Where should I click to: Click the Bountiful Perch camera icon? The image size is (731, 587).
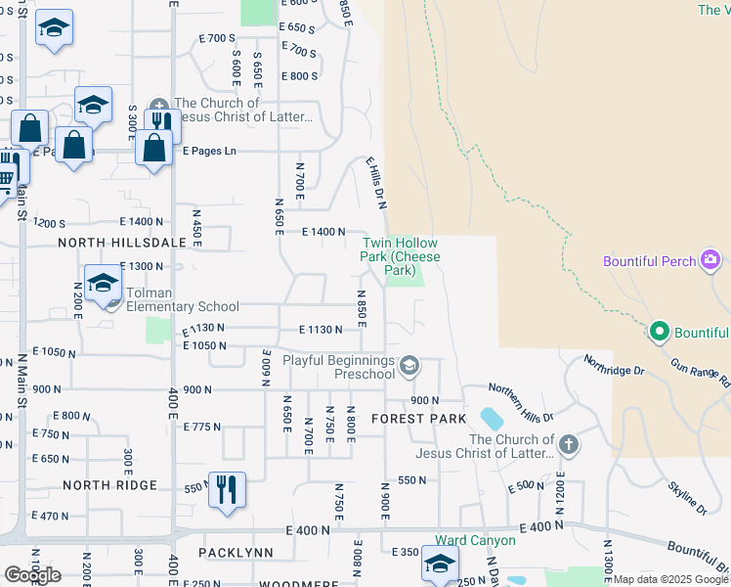710,261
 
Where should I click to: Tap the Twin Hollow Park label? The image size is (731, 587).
401,256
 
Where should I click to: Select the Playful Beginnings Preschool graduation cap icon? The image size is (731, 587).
409,367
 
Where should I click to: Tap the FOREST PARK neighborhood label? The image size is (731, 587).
411,418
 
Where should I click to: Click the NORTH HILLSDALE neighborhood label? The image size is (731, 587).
108,242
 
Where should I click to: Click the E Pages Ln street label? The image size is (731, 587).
210,152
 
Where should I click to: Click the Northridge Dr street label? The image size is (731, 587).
615,364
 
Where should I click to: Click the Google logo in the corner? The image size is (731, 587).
32,574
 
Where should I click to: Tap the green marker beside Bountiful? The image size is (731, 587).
659,333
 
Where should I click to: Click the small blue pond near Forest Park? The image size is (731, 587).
493,419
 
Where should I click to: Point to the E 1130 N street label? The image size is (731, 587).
321,330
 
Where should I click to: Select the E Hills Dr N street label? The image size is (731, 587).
377,183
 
